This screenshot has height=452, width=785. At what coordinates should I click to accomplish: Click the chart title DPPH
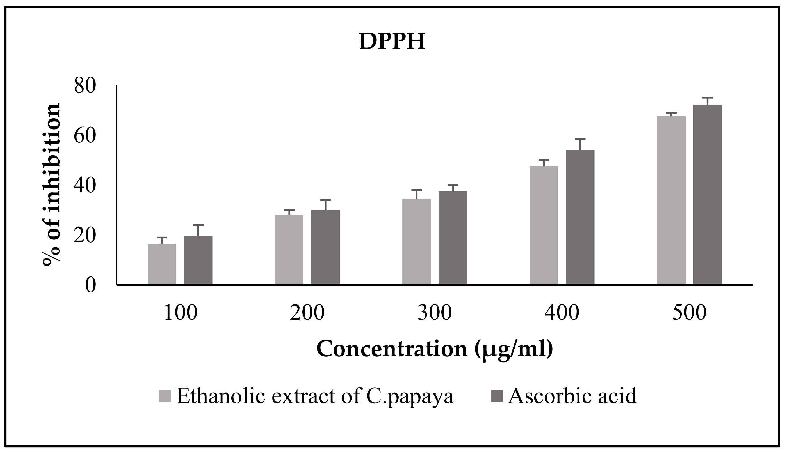[392, 41]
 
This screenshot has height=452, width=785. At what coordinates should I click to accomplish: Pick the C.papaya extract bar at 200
[289, 249]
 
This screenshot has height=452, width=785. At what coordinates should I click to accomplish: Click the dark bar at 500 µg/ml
[707, 195]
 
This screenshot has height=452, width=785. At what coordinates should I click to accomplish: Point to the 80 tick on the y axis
[84, 86]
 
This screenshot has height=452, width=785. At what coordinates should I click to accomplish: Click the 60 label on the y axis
[84, 136]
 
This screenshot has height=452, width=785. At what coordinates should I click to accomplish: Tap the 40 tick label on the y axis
[84, 186]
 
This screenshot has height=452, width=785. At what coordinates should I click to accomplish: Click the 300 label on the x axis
[434, 313]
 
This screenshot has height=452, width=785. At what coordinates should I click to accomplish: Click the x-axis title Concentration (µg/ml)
[434, 349]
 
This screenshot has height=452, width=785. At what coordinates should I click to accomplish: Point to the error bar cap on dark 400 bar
[580, 139]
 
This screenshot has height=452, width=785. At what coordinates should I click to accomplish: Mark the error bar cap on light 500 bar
[671, 112]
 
